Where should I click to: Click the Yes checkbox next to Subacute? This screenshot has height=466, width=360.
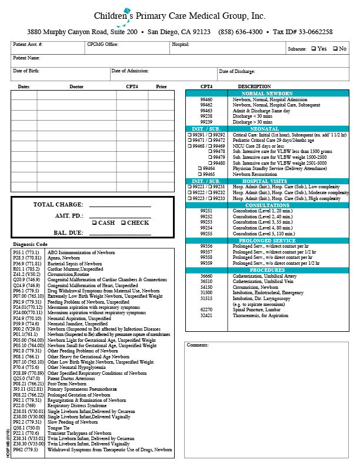point(314,48)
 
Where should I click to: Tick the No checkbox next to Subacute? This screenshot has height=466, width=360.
point(335,48)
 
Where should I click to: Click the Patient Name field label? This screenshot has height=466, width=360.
point(26,58)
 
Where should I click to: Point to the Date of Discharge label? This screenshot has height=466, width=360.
point(237,71)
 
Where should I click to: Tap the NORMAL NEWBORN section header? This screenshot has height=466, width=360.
point(266,94)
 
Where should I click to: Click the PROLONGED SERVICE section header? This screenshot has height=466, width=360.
point(266,240)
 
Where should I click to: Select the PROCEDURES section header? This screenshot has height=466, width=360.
point(266,269)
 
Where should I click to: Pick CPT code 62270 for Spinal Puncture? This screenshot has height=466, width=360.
point(206,309)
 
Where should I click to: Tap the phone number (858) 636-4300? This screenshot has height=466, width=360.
point(240,32)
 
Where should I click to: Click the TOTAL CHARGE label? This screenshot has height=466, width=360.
point(59,205)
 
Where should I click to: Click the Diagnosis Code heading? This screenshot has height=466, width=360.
point(30,244)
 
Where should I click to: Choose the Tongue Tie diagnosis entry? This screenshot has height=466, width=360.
point(59,427)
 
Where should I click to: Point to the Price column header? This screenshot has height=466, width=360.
point(161,86)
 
